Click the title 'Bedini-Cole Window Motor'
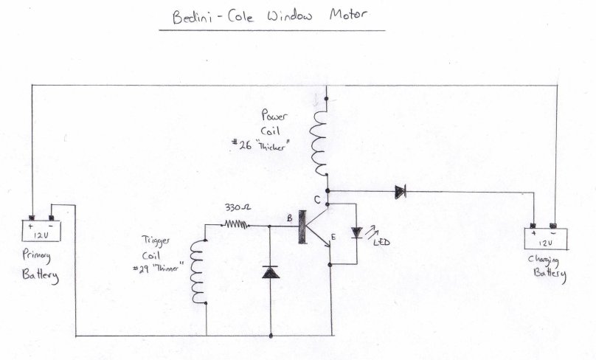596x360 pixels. [x=271, y=15]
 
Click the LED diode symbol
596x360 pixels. [x=358, y=232]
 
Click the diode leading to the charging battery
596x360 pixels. [x=400, y=192]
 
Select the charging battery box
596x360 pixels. [x=547, y=238]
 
